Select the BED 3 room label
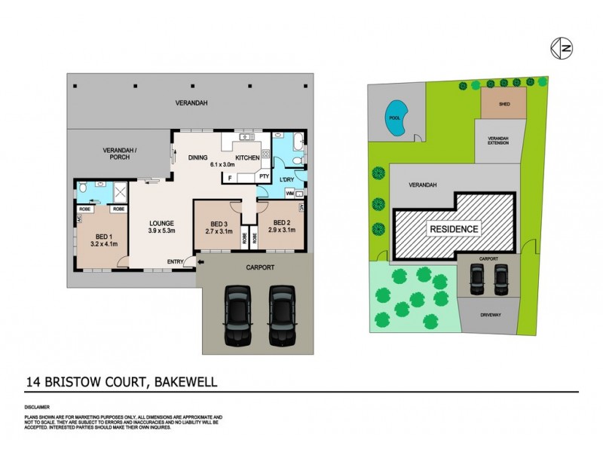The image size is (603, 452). point(219,223)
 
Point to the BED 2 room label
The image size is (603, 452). point(281,222)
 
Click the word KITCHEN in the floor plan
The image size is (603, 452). point(247,157)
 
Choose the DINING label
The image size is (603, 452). point(197,157)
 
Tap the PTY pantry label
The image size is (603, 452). point(264,177)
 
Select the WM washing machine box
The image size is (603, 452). point(290,194)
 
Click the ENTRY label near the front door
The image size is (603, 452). point(176,261)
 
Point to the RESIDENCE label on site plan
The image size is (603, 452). point(454,229)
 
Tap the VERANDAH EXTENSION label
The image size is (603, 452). point(498,140)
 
